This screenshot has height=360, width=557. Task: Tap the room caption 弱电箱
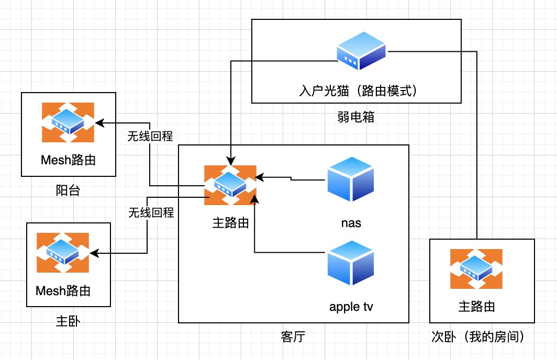(356, 117)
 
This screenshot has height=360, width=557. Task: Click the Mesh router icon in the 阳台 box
(68, 122)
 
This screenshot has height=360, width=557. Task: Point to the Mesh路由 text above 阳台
(68, 160)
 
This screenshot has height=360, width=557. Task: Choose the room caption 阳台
(68, 190)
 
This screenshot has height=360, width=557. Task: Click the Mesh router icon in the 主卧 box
(63, 252)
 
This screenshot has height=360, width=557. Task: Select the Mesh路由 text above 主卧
(63, 290)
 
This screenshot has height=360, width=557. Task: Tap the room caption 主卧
(68, 320)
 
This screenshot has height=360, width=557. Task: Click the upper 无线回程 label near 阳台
(151, 136)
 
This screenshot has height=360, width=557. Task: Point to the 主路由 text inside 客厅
(230, 223)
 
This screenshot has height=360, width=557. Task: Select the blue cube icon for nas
(350, 179)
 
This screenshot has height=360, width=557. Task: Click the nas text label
(351, 223)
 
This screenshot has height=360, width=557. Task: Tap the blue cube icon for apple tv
(350, 263)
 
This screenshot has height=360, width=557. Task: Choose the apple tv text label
(351, 306)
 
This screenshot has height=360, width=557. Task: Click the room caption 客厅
(293, 337)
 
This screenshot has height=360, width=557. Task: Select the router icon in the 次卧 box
(476, 268)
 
